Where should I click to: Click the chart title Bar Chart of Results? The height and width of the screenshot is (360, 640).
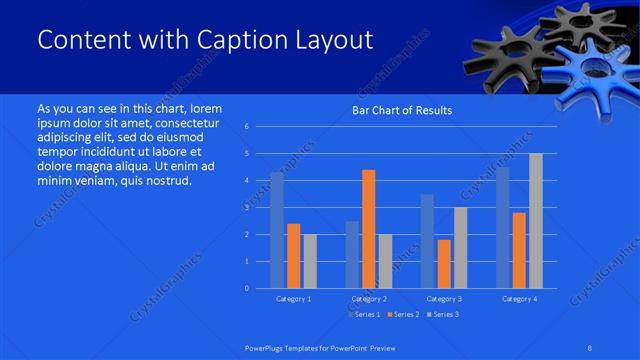[x=401, y=110]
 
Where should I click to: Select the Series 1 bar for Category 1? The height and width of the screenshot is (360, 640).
[x=277, y=230]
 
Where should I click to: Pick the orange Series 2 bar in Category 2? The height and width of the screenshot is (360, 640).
[x=369, y=229]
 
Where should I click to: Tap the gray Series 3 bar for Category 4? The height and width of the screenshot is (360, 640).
[x=536, y=221]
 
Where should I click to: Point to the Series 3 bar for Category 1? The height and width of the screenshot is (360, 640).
[x=310, y=261]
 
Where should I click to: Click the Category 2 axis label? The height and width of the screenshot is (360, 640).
[x=368, y=299]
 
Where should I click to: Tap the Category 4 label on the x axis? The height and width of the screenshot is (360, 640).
[x=519, y=299]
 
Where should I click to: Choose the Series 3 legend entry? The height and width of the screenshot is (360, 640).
[x=443, y=314]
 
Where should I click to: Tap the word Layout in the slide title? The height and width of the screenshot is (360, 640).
[x=340, y=40]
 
